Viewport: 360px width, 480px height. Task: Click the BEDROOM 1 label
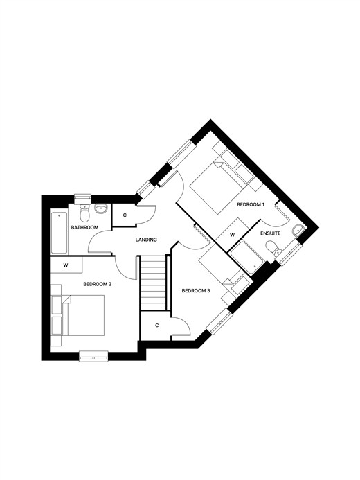coord(251,204)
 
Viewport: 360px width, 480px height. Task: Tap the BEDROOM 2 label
coord(97,284)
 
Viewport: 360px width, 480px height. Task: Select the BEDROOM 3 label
coord(196,290)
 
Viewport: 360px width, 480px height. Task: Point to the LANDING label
coord(146,240)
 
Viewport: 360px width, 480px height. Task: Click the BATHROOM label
coord(84,227)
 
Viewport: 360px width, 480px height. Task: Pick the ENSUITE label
coord(271,233)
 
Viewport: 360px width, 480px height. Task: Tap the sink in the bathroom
coord(101,208)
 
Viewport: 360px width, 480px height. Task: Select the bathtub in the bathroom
coord(59,232)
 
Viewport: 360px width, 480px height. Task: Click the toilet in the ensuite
coord(273,248)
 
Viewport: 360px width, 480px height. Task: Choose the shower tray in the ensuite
coord(247,258)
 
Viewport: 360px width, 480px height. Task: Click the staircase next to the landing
coord(153,283)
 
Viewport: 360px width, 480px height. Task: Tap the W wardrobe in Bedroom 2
coord(66,265)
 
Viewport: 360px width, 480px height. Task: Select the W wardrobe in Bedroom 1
coord(233,235)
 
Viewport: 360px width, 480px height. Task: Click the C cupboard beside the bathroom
coord(125,215)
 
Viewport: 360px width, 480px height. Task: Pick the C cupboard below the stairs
coord(156,326)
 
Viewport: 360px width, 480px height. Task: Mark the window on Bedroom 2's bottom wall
coord(93,356)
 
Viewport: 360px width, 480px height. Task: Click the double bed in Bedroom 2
coord(83,315)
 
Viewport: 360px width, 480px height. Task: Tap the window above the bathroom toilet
coord(83,199)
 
